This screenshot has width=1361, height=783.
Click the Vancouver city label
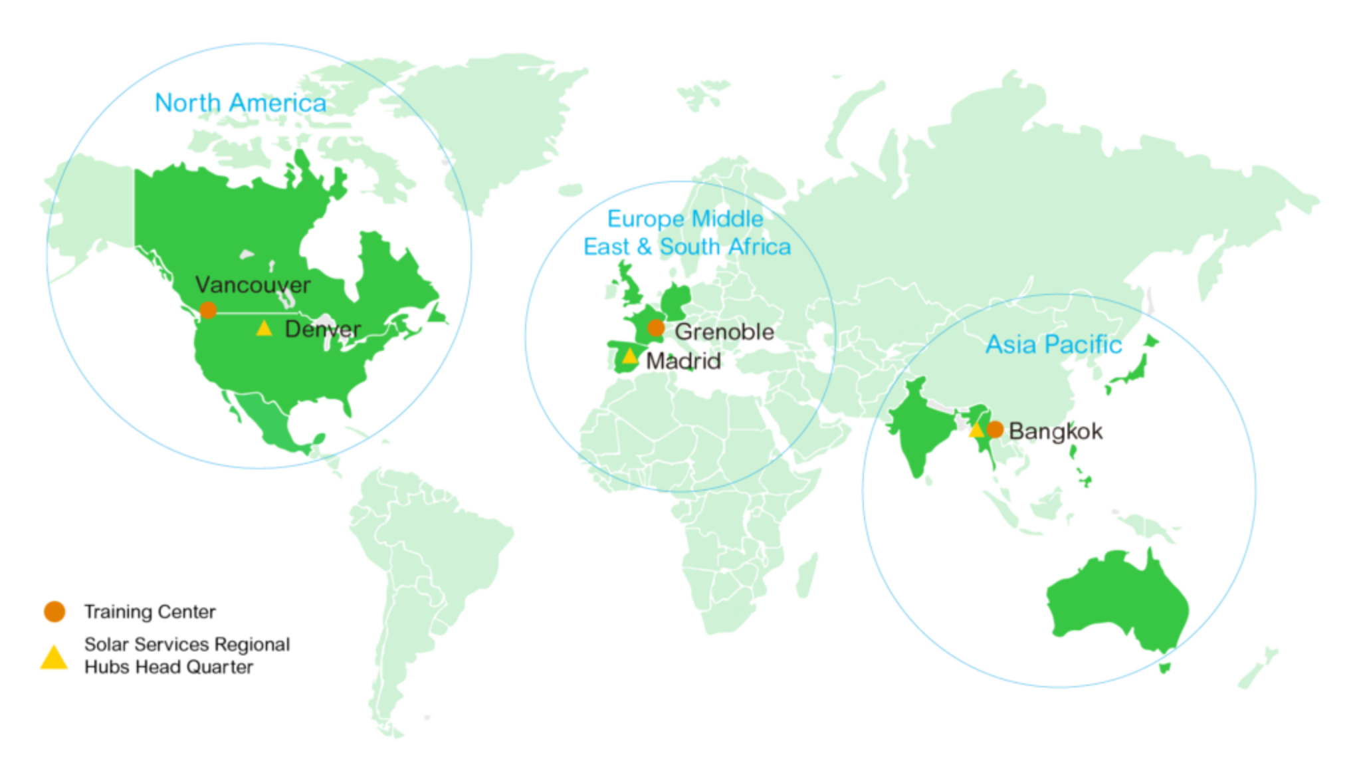point(253,285)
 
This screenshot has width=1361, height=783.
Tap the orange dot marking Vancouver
point(207,310)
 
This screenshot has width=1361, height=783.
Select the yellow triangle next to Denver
point(264,328)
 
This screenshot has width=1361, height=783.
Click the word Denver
point(322,329)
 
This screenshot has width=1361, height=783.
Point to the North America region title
point(240,103)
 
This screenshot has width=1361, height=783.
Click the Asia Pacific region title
point(1054,344)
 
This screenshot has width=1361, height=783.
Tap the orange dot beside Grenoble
point(656,328)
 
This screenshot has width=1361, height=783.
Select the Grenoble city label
point(724,332)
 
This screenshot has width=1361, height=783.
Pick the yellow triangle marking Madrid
point(629,357)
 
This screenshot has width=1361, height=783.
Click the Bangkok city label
point(1057,431)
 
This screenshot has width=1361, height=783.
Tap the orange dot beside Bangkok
point(995,429)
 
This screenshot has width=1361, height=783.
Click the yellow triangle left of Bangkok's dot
point(976,431)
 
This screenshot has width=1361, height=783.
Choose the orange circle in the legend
point(54,612)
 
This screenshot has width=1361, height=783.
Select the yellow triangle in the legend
point(54,658)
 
